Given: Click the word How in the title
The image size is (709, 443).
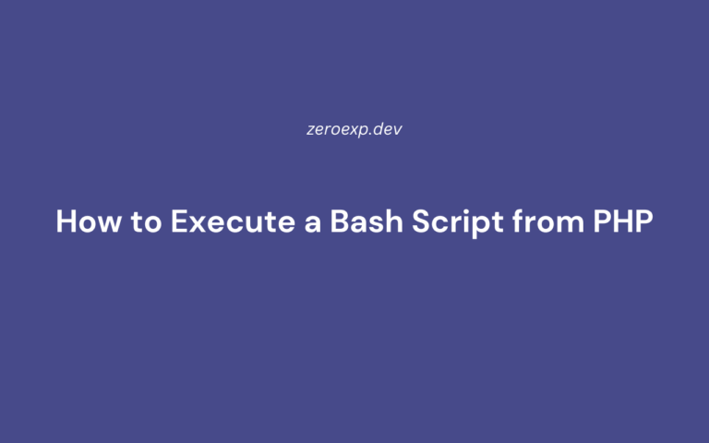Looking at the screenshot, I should [84, 222].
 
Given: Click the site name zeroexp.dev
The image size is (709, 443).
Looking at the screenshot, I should [354, 129].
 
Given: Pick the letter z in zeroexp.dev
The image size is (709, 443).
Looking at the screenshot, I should [310, 130].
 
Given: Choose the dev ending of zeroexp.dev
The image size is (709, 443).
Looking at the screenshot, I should [389, 129].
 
